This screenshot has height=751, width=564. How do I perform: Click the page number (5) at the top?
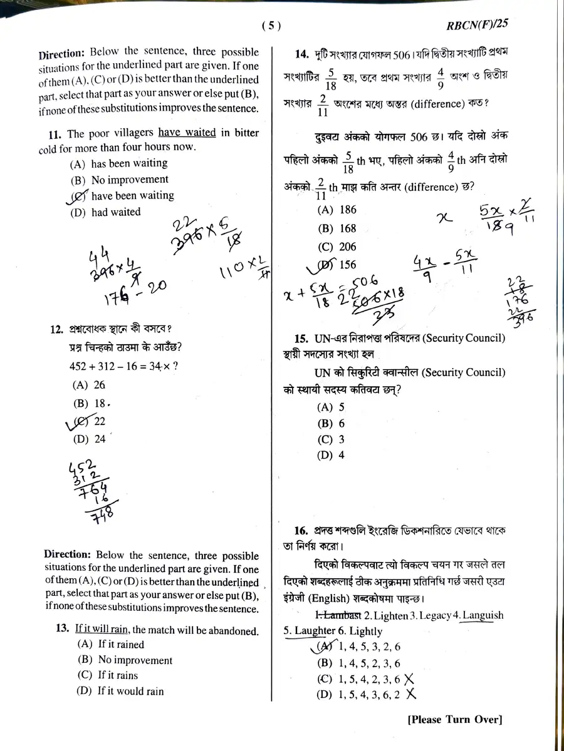[x=271, y=26]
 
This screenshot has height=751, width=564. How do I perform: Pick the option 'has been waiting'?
[x=128, y=163]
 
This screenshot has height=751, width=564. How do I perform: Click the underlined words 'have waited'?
[x=187, y=133]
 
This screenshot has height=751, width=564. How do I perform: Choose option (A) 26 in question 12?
[x=90, y=385]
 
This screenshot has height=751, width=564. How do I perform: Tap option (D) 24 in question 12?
[x=90, y=439]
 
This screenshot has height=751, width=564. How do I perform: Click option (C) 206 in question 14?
[x=337, y=247]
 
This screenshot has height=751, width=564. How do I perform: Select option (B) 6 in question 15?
[x=332, y=423]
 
